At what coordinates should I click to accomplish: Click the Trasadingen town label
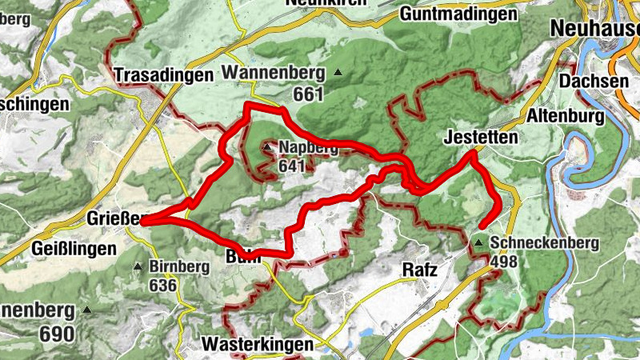pyautogui.click(x=164, y=75)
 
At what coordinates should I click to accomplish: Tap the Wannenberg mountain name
pyautogui.click(x=274, y=73)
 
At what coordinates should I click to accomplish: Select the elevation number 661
pyautogui.click(x=306, y=94)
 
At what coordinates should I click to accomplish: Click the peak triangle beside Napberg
pyautogui.click(x=267, y=148)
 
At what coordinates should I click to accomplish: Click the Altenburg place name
pyautogui.click(x=564, y=117)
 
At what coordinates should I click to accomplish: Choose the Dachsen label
pyautogui.click(x=594, y=82)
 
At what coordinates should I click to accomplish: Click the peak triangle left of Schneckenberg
pyautogui.click(x=478, y=242)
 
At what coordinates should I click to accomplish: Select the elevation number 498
pyautogui.click(x=506, y=262)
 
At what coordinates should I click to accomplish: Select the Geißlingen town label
pyautogui.click(x=74, y=249)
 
